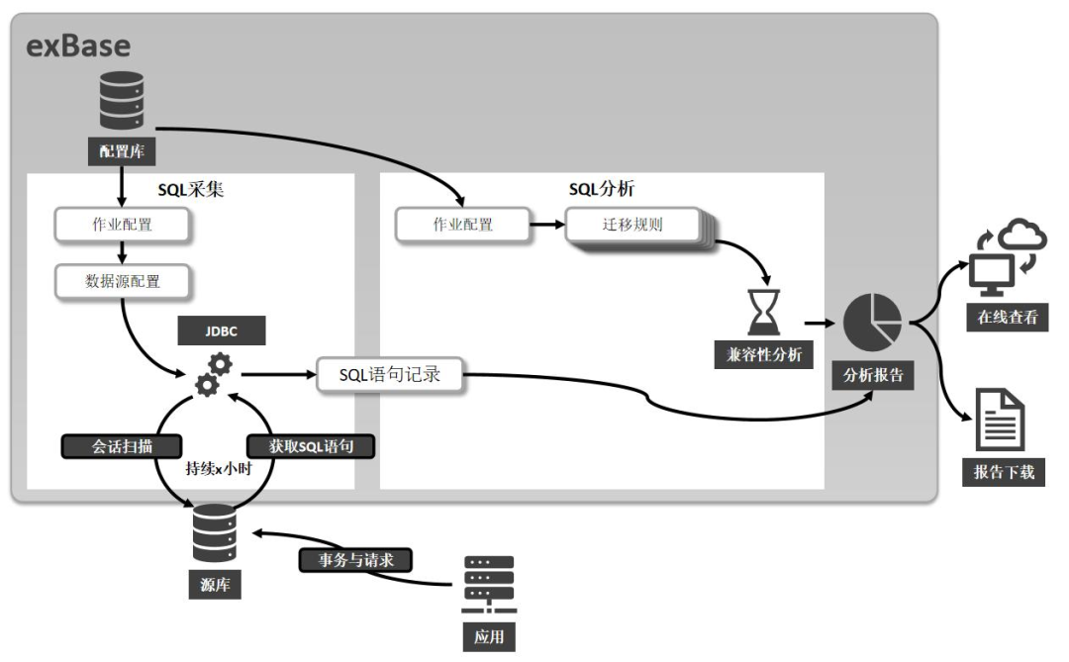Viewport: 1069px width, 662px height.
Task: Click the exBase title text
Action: tap(78, 46)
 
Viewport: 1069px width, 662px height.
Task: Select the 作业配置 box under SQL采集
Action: tap(123, 225)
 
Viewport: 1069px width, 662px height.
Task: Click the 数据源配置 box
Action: tap(123, 282)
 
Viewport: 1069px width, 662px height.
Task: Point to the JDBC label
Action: tap(221, 331)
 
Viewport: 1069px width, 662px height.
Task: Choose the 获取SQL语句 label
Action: tap(312, 446)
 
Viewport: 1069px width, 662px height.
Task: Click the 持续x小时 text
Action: tap(218, 468)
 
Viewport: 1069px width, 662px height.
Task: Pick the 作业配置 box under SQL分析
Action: tap(462, 225)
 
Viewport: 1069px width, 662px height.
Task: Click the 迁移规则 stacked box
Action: tap(632, 225)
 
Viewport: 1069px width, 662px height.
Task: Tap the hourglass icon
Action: tap(763, 313)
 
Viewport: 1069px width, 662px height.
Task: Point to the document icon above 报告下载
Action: tap(1000, 421)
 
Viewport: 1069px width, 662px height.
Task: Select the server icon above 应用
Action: tap(489, 585)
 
